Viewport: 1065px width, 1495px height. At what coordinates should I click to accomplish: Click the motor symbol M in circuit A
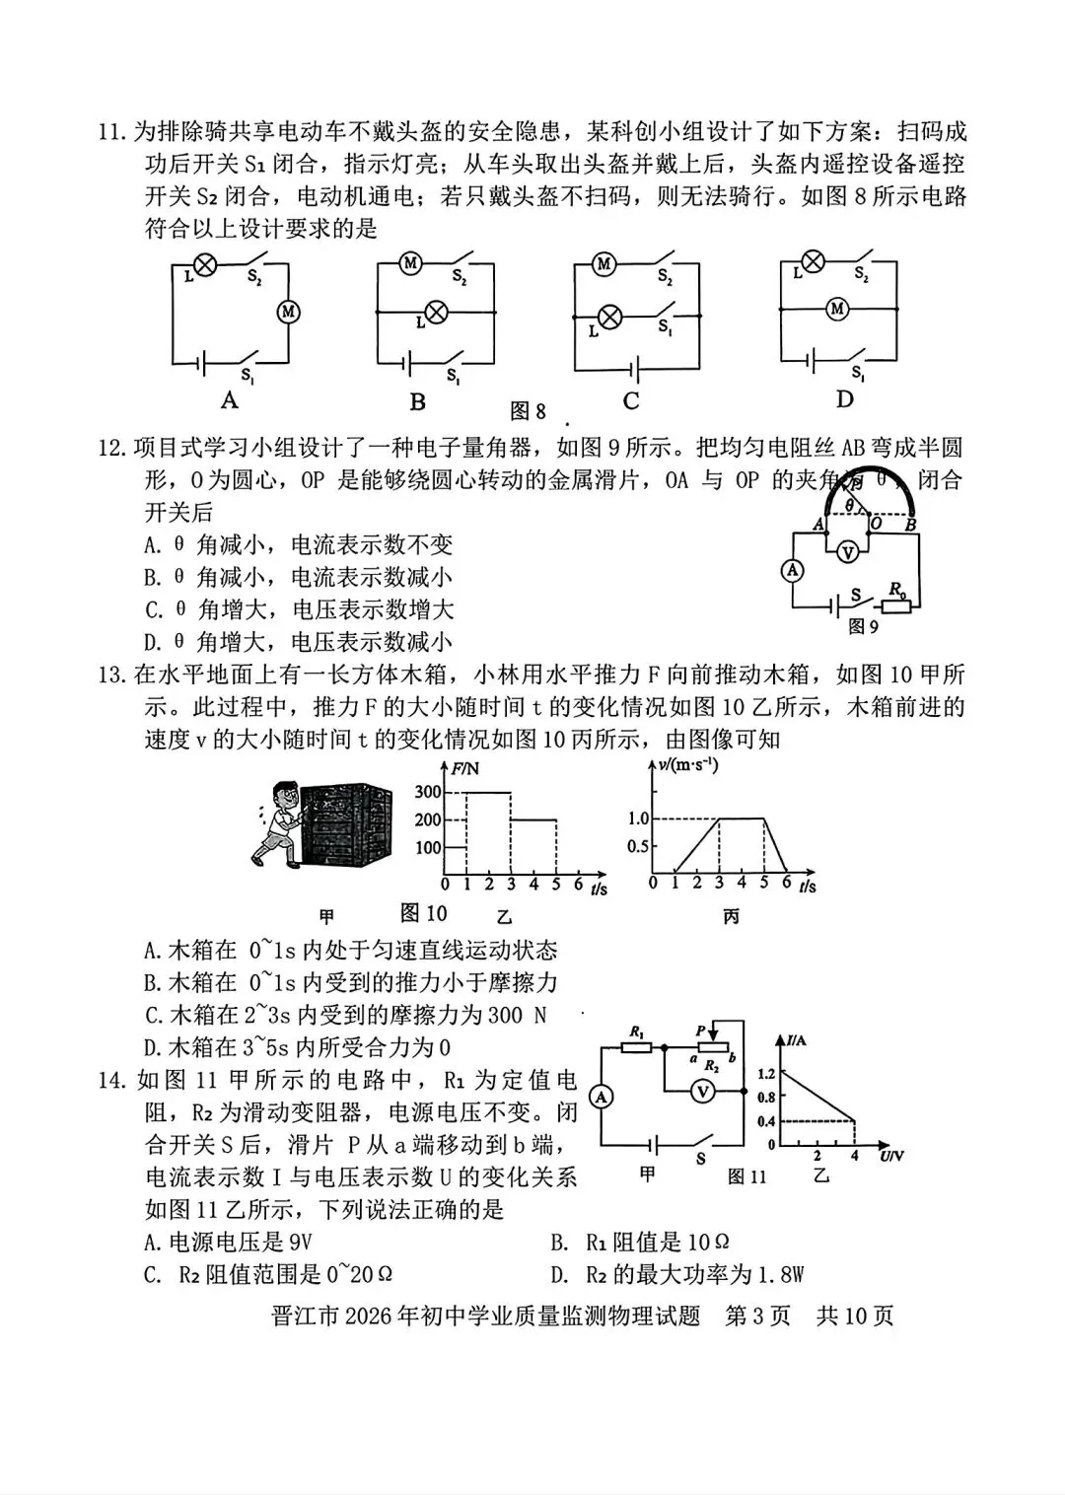[288, 312]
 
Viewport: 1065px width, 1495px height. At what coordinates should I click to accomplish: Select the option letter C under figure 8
[631, 400]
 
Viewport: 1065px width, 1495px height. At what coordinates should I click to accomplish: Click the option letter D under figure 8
[844, 399]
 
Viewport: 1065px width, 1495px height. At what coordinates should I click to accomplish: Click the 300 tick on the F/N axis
[428, 792]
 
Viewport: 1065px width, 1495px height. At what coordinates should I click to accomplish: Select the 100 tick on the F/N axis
[428, 847]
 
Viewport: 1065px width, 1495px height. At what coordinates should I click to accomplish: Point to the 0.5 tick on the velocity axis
[638, 846]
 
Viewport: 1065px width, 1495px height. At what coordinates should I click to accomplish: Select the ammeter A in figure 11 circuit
[601, 1097]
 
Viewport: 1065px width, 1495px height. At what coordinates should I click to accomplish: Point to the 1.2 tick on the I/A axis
[765, 1073]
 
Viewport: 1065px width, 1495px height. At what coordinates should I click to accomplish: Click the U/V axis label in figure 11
[891, 1156]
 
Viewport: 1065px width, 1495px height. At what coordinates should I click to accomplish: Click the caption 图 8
[528, 410]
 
